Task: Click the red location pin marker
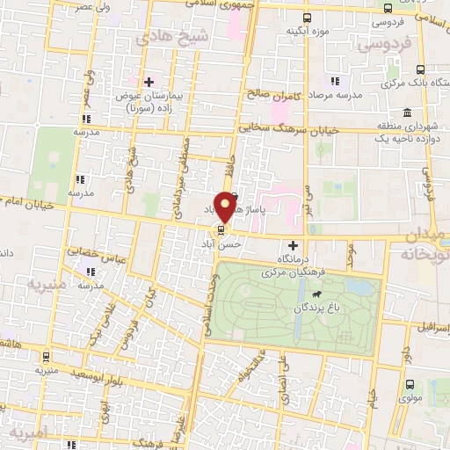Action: pos(226,204)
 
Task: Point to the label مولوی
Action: pos(410,401)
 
